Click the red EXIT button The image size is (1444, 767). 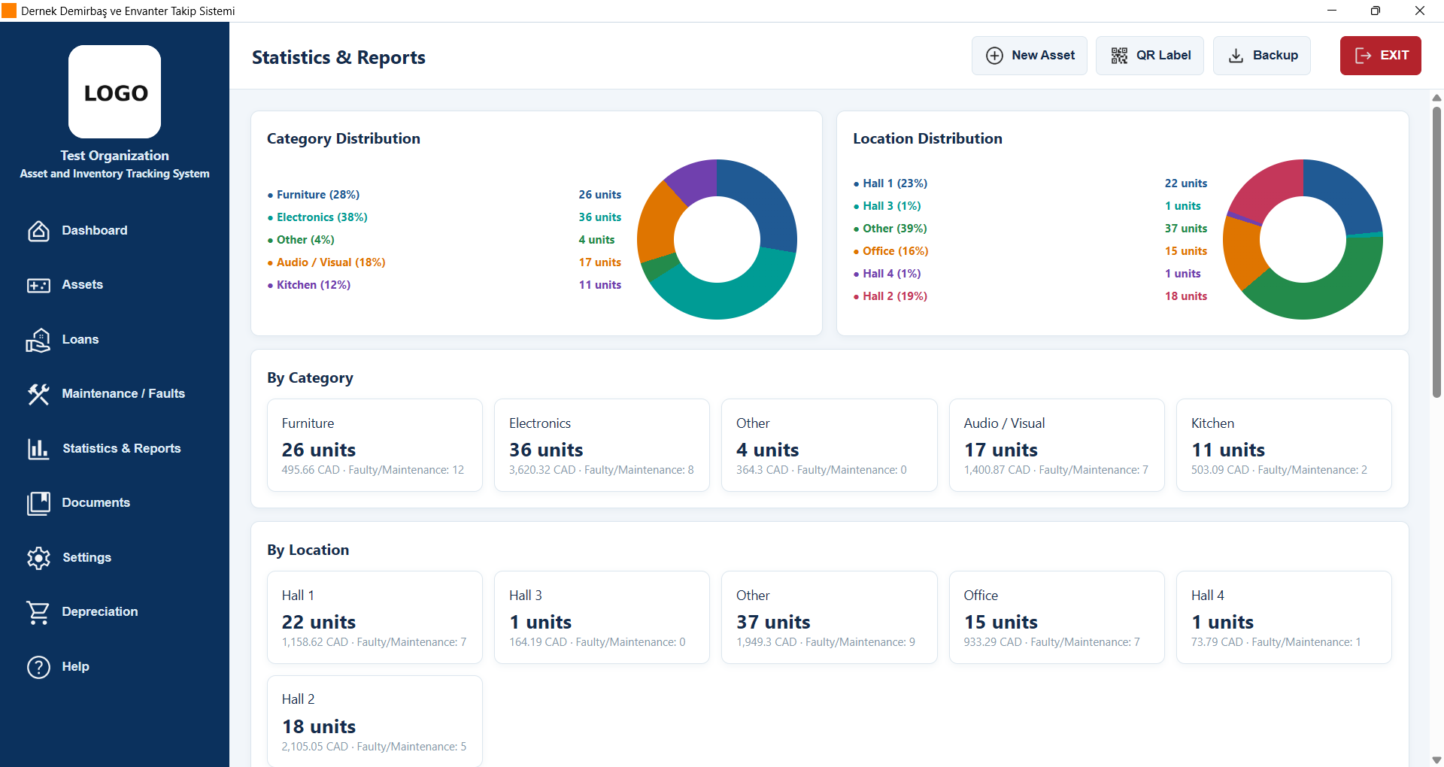(x=1380, y=56)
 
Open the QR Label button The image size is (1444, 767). (x=1149, y=56)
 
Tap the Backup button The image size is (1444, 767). (x=1261, y=56)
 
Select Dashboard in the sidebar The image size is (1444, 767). (x=94, y=230)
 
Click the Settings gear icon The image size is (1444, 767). (x=38, y=557)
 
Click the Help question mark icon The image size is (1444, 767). (x=38, y=666)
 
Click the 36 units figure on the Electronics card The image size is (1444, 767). (x=546, y=450)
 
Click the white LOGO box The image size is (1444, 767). (x=115, y=92)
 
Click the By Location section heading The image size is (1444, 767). (x=308, y=550)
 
